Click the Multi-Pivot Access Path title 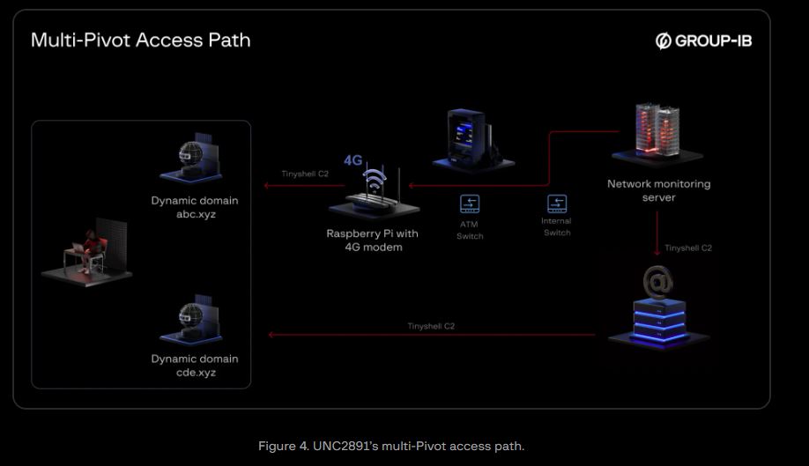pos(140,41)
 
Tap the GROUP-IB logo pos(703,41)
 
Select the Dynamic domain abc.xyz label pos(195,207)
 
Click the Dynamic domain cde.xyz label pos(195,366)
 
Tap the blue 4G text pos(353,160)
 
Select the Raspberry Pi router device pos(375,193)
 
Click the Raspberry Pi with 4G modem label pos(373,240)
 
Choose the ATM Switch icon pos(470,203)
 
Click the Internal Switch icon pos(557,203)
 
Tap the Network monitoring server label pos(659,190)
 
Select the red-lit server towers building pos(657,133)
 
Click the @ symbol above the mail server pos(657,282)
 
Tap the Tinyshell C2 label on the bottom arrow pos(431,326)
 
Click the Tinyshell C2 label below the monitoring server pos(687,248)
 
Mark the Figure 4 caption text pos(391,446)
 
